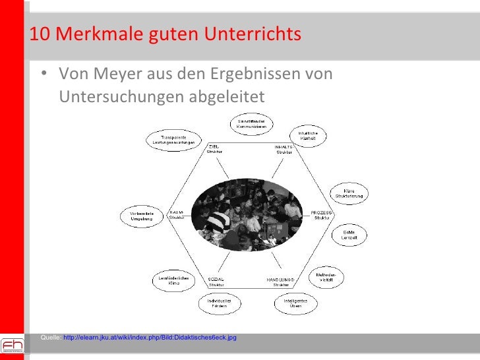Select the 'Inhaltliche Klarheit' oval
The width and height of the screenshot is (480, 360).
[x=308, y=136]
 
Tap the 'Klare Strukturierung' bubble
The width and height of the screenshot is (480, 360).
[x=349, y=193]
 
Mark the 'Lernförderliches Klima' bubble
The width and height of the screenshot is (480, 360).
[x=173, y=281]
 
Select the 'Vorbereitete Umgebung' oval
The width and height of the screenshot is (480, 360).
[x=141, y=216]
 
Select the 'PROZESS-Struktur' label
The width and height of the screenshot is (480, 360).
[x=322, y=214]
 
